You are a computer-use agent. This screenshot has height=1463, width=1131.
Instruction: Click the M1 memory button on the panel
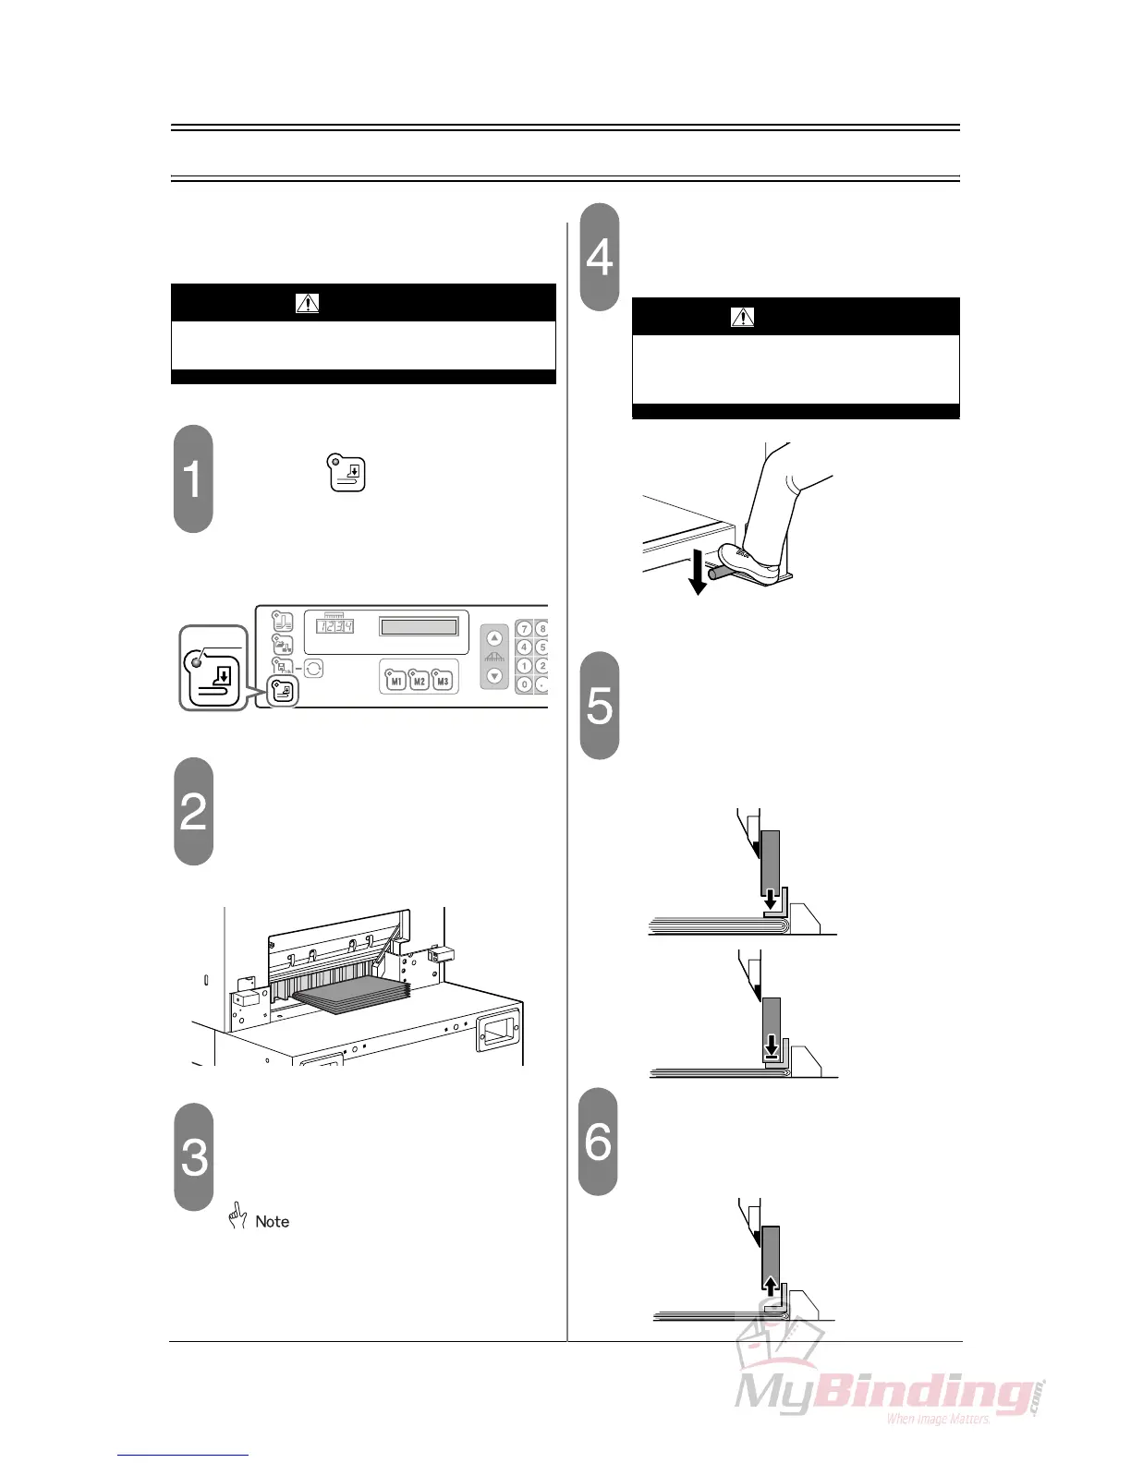coord(396,681)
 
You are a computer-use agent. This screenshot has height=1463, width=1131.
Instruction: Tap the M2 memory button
coord(420,681)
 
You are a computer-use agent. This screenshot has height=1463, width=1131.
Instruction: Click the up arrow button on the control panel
coord(495,638)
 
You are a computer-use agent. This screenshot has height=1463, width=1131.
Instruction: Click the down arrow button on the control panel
coord(495,675)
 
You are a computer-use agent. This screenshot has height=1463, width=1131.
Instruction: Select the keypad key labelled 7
coord(524,630)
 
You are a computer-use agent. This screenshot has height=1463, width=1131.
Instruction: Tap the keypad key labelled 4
coord(524,647)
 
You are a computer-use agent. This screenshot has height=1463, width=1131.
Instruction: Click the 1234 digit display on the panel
coord(335,626)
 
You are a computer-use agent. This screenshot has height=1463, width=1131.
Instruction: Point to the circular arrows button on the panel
coord(313,668)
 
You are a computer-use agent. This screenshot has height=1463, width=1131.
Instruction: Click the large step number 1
coord(192,479)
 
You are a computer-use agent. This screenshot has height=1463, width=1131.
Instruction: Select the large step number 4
coord(600,257)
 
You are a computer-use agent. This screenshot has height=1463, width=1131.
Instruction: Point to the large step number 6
coord(598,1142)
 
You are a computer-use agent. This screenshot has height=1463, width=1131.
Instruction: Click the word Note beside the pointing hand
coord(272,1221)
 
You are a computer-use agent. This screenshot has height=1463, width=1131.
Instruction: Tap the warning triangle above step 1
coord(307,303)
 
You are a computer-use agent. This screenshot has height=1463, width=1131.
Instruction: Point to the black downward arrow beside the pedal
coord(698,573)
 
